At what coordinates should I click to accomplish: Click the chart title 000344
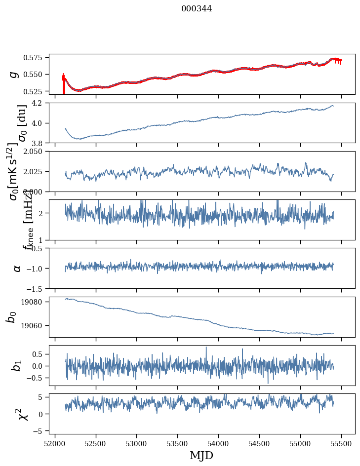[x=197, y=8]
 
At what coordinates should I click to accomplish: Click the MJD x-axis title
[x=201, y=455]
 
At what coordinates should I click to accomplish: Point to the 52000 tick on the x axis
[x=55, y=443]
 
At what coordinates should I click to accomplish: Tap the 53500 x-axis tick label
[x=178, y=443]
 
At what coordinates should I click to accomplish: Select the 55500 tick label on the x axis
[x=342, y=443]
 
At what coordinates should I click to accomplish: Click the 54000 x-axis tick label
[x=219, y=443]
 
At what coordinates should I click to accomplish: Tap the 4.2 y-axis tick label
[x=40, y=103]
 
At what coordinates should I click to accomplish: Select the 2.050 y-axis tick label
[x=36, y=152]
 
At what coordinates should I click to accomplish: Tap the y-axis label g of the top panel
[x=15, y=74]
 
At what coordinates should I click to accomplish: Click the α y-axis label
[x=17, y=268]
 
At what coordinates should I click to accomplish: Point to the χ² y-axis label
[x=22, y=414]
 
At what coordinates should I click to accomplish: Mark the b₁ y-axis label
[x=17, y=365]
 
